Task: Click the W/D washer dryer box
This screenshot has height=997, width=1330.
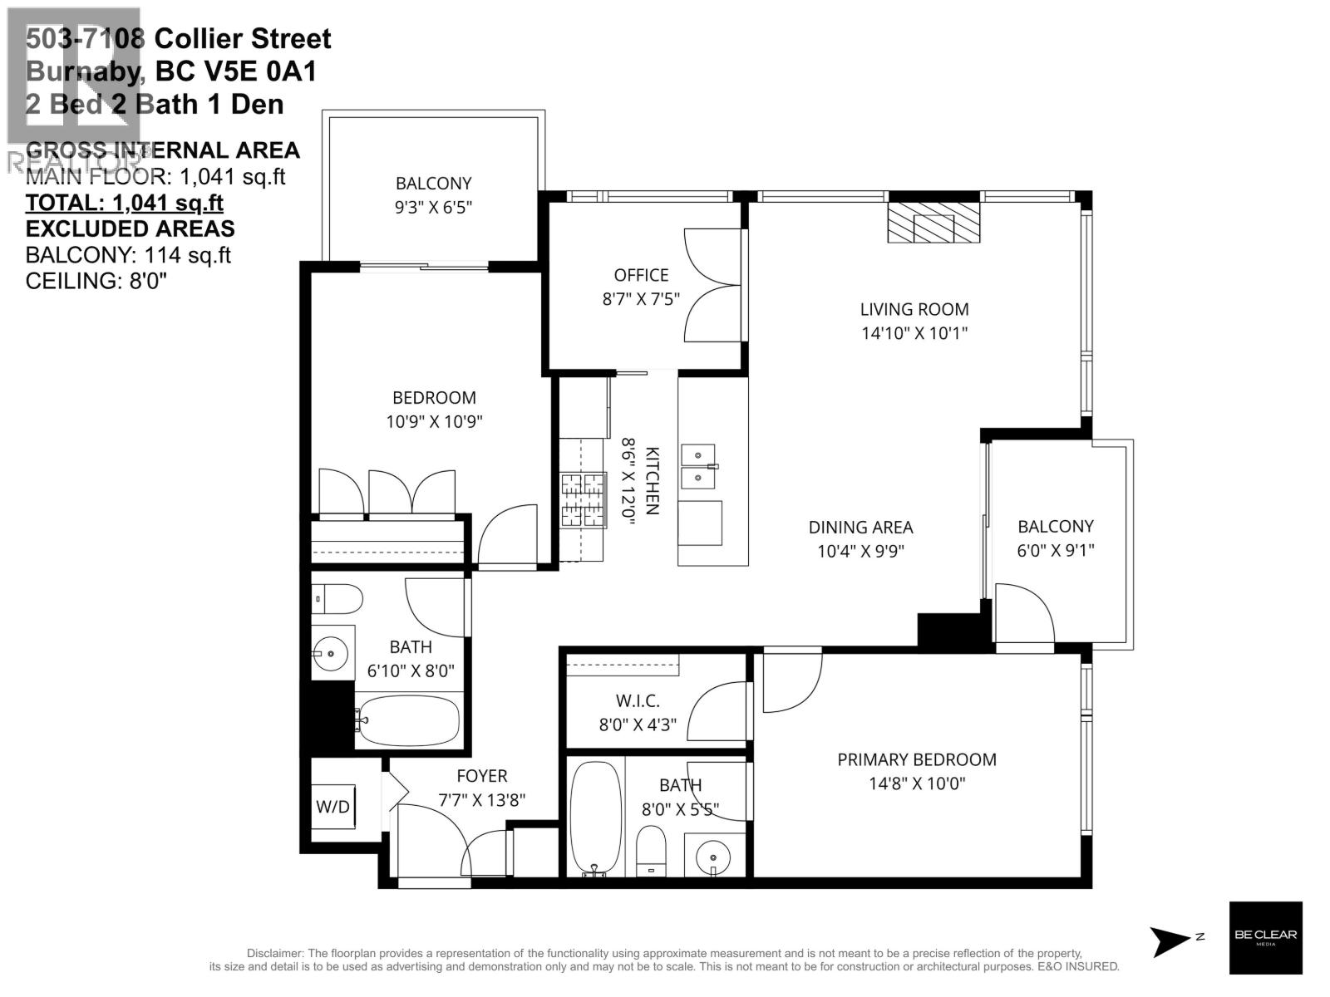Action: (333, 806)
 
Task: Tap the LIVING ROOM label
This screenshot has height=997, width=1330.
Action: (914, 309)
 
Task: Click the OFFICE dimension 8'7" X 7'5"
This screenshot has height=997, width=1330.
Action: (641, 298)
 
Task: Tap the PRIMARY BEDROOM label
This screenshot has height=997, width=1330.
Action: (916, 759)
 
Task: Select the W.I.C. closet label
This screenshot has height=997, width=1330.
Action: (638, 701)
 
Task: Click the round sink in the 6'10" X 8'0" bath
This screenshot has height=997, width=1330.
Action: (332, 652)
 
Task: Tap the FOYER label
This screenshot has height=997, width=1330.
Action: (481, 776)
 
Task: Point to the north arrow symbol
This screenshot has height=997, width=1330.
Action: (1170, 939)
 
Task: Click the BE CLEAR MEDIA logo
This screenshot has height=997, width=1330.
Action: (1265, 937)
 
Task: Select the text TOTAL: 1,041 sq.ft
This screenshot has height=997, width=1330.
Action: (125, 203)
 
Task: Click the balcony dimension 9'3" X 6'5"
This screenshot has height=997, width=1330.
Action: (433, 207)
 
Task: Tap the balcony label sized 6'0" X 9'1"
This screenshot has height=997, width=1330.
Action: (1056, 526)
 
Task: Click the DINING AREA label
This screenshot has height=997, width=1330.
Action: (860, 527)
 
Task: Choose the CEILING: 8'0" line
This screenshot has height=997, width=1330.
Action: (96, 281)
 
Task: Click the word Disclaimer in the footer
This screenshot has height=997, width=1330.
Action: (275, 953)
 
